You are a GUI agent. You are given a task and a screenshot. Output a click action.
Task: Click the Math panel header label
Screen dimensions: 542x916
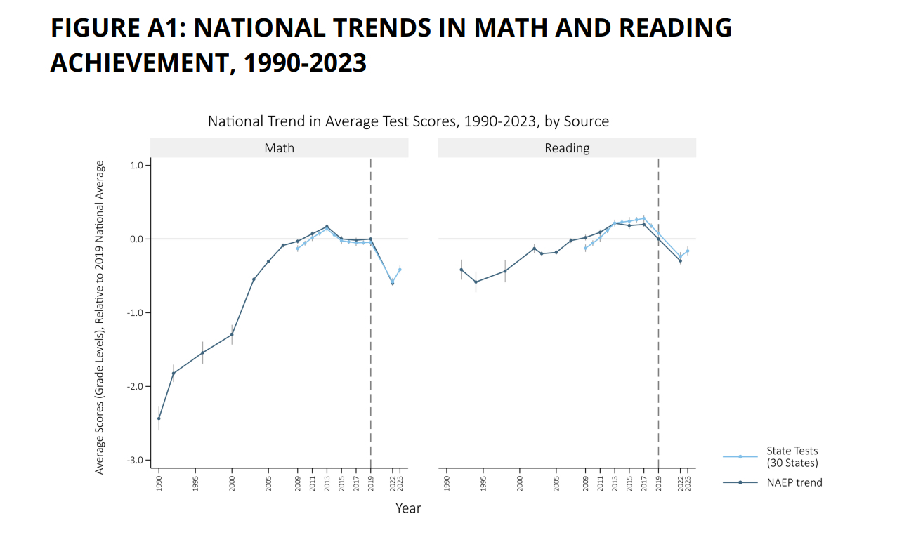click(279, 148)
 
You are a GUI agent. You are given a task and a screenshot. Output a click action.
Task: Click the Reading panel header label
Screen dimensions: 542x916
click(567, 148)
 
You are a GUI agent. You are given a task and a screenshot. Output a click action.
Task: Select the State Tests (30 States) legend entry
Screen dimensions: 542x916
click(792, 456)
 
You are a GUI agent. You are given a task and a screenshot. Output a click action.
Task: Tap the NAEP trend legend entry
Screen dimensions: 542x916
click(794, 482)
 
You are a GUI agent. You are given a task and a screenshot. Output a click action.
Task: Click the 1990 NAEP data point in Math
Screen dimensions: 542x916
click(159, 418)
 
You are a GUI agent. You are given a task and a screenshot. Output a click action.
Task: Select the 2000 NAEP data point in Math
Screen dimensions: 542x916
click(232, 334)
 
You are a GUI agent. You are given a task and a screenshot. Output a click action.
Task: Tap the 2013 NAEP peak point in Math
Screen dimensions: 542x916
click(327, 227)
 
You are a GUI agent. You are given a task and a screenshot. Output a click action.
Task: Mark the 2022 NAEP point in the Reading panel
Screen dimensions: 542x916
click(680, 261)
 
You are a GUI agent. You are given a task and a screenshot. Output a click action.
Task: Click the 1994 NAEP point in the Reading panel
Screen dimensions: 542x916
click(476, 282)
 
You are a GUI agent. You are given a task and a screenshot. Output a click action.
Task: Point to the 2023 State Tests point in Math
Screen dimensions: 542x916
click(400, 270)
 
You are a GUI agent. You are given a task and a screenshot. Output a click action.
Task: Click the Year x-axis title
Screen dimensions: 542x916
click(408, 508)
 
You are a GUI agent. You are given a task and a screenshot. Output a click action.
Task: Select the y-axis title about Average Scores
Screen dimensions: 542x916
click(100, 317)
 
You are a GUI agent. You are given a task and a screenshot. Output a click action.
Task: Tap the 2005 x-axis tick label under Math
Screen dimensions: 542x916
click(268, 485)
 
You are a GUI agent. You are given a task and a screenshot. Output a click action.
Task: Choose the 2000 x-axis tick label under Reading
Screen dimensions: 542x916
click(520, 485)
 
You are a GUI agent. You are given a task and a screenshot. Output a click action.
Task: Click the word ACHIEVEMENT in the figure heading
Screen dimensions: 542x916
click(137, 62)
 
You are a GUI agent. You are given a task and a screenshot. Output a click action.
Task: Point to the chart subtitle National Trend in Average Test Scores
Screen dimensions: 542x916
click(408, 121)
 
